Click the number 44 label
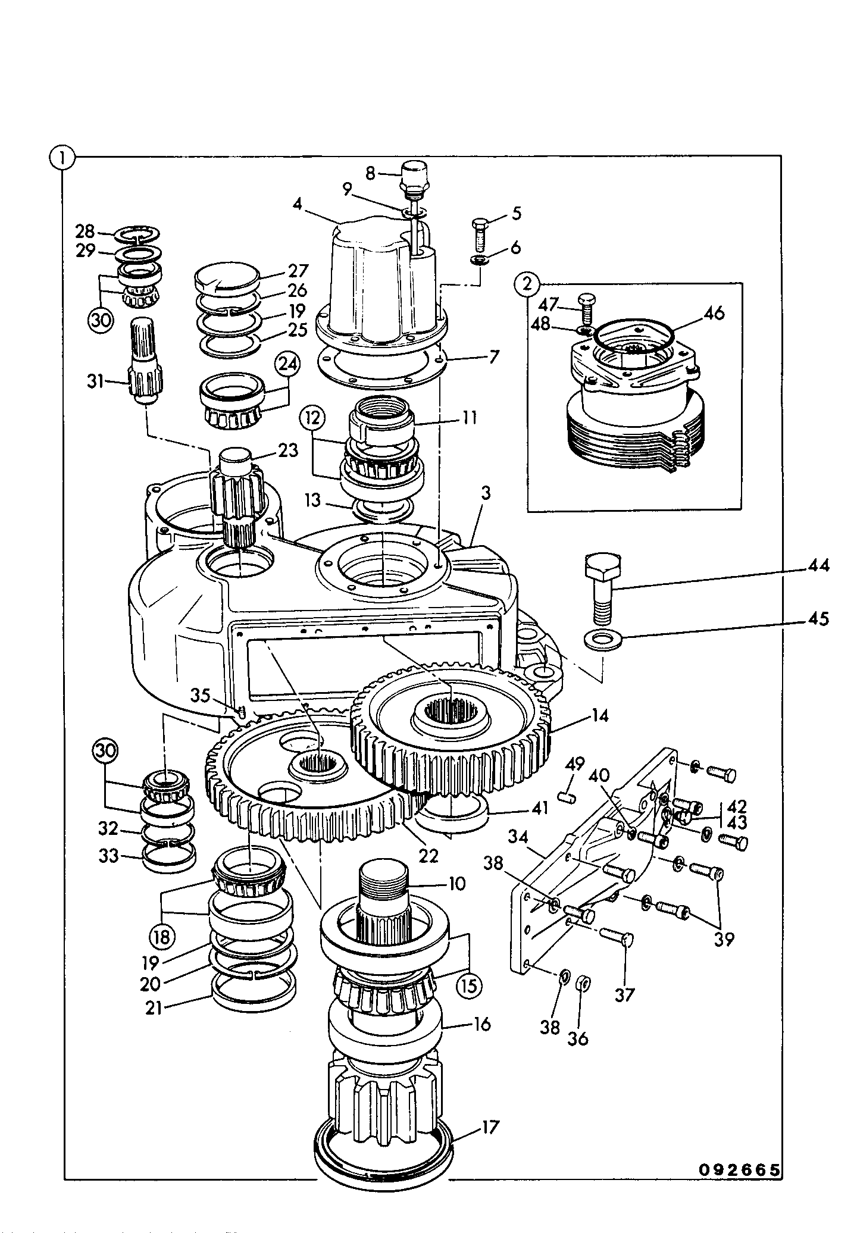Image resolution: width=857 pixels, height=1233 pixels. click(818, 565)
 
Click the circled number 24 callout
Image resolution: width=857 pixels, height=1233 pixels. click(287, 365)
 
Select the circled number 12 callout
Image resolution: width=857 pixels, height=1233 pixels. click(314, 418)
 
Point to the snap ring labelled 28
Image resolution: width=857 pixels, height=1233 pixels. click(139, 235)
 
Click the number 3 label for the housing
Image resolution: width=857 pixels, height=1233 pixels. click(486, 493)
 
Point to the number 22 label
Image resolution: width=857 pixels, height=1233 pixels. click(428, 856)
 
